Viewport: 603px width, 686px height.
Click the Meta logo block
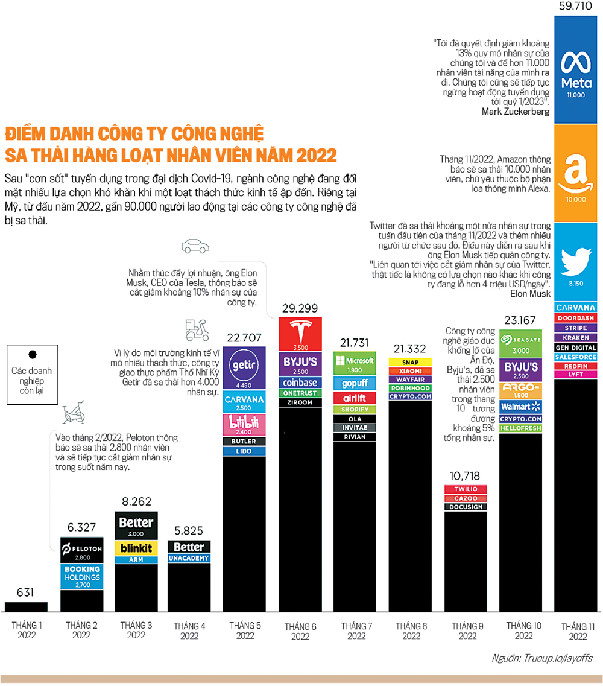point(575,66)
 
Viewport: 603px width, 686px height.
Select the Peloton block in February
point(84,550)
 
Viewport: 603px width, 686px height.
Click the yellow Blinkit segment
point(136,548)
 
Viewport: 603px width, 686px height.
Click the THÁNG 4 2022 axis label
point(189,630)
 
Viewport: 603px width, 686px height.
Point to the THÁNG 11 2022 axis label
point(577,630)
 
